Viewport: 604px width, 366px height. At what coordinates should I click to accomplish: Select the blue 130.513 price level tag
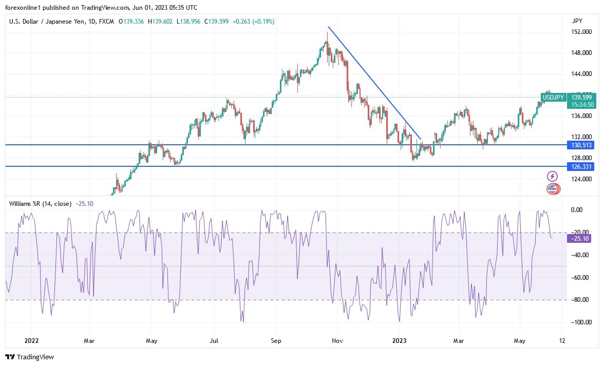point(581,145)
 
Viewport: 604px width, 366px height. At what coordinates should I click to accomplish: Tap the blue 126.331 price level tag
point(581,167)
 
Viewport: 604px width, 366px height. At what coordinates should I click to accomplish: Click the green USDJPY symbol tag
point(553,97)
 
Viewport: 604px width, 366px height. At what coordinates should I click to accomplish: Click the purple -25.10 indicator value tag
point(580,238)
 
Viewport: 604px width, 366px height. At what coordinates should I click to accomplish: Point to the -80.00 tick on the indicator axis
point(580,300)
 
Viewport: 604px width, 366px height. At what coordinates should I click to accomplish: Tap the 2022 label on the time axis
point(31,340)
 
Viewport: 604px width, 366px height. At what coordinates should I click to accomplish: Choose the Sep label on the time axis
point(276,340)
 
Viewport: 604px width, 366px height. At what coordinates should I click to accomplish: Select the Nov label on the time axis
point(337,340)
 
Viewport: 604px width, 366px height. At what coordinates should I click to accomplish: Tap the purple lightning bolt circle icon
point(553,176)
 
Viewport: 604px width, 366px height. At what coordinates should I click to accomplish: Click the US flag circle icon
point(553,189)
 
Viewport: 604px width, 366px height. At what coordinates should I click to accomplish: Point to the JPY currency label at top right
point(577,21)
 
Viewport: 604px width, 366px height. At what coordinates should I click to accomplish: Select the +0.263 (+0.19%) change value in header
point(253,22)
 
